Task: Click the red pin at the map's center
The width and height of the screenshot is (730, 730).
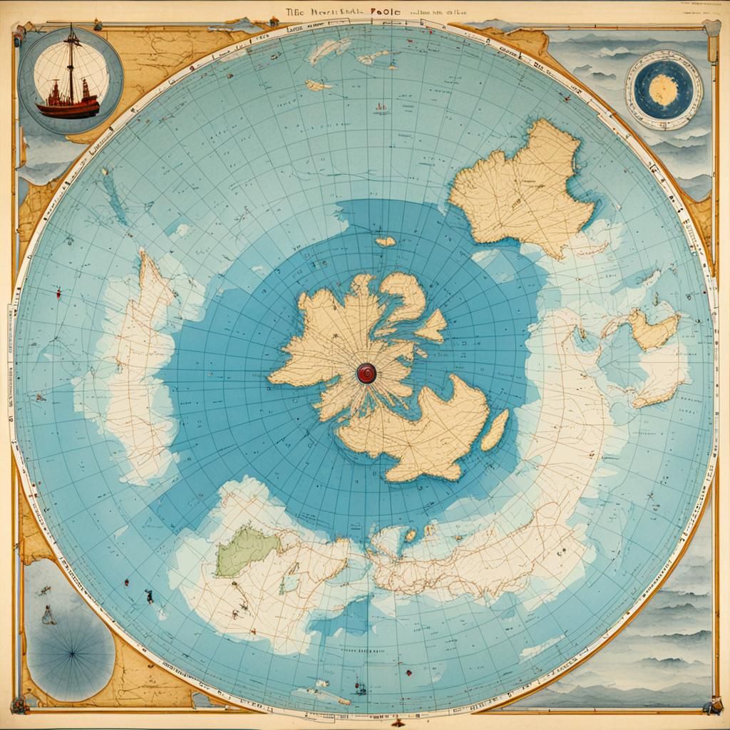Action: [366, 372]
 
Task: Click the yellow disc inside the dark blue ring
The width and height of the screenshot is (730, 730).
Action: [664, 90]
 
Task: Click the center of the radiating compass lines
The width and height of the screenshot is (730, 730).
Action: [71, 648]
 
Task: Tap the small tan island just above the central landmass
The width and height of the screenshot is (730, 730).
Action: [385, 242]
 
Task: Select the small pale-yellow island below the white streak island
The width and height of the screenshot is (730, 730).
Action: [318, 86]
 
